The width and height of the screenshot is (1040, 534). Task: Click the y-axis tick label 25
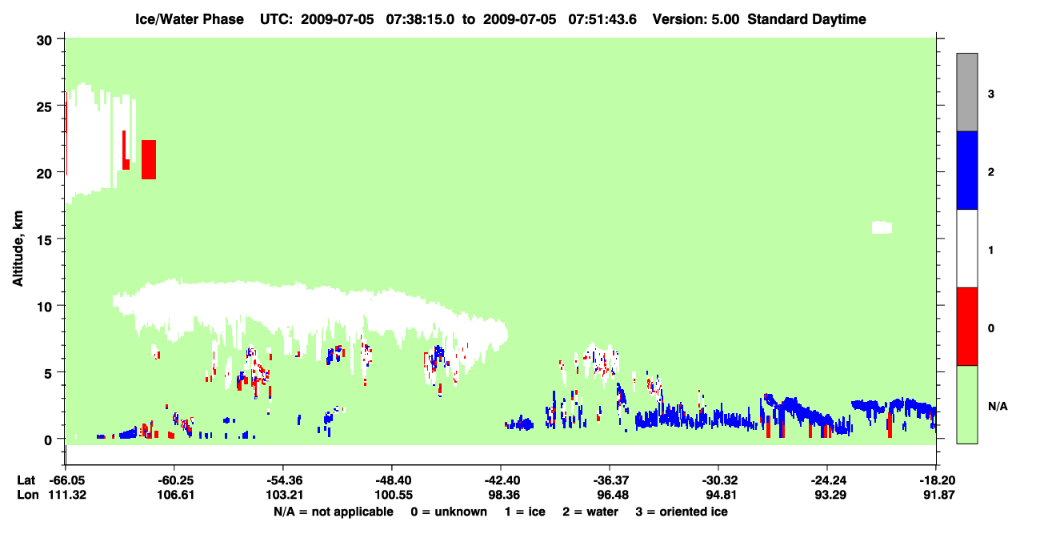44,107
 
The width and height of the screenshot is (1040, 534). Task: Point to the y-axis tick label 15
44,240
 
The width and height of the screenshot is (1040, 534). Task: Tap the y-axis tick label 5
48,373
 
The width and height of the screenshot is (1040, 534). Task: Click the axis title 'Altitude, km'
18,249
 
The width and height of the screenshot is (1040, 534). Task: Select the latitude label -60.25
174,480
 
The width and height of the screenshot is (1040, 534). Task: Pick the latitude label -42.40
502,480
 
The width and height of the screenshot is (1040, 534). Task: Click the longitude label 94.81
721,495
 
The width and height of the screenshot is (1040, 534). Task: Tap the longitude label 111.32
67,495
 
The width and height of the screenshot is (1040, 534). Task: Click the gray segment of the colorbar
967,92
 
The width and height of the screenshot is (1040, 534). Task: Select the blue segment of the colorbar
967,170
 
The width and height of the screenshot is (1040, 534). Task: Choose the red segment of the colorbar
967,327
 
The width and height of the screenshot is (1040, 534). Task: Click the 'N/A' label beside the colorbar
998,407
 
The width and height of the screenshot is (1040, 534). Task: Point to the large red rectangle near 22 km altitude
149,159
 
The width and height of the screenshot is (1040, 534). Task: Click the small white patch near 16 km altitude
882,227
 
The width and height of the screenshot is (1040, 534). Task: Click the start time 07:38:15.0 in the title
420,19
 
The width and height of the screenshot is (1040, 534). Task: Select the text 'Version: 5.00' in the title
696,19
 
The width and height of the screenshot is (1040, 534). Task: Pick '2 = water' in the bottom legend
590,512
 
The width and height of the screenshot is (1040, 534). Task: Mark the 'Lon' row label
28,495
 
